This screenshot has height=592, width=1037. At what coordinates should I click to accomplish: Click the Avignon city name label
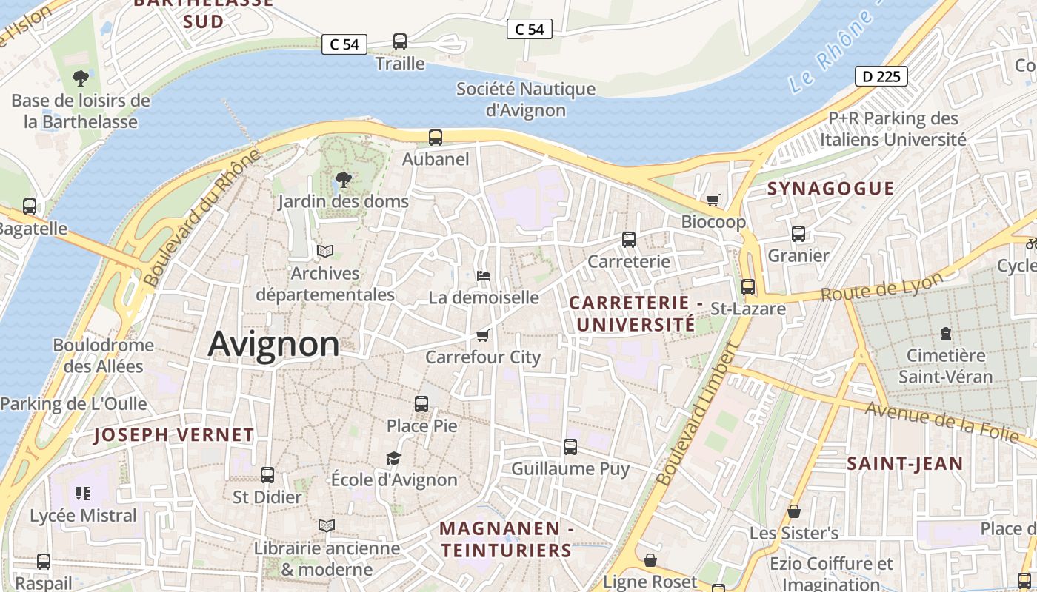[x=273, y=344]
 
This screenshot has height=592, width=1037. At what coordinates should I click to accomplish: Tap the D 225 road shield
[x=881, y=76]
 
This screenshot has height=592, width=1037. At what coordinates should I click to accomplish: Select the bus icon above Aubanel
[x=436, y=137]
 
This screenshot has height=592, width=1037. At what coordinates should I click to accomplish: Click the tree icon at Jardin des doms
[x=343, y=179]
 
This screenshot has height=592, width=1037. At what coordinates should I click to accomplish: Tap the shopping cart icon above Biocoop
[x=713, y=200]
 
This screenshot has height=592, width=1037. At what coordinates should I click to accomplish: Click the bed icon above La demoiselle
[x=484, y=276]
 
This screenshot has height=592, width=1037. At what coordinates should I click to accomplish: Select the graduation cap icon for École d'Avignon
[x=393, y=459]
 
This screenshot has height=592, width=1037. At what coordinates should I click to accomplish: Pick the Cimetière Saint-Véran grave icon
[x=945, y=334]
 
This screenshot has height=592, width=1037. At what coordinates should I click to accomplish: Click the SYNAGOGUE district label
[x=830, y=189]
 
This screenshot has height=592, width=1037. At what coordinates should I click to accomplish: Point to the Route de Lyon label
[x=881, y=287]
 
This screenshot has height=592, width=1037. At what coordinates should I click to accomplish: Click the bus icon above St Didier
[x=267, y=475]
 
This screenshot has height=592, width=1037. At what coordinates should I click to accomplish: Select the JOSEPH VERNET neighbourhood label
[x=173, y=435]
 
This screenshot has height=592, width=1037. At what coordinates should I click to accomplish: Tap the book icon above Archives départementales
[x=325, y=252]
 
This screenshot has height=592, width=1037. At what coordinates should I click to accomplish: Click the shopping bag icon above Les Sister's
[x=794, y=511]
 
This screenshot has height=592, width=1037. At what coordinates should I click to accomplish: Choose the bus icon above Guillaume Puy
[x=570, y=447]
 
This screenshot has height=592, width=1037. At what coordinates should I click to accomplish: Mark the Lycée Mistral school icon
[x=83, y=494]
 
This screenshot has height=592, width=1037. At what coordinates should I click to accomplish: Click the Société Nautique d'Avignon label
[x=526, y=99]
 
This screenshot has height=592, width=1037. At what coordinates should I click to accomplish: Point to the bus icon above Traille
[x=400, y=41]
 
